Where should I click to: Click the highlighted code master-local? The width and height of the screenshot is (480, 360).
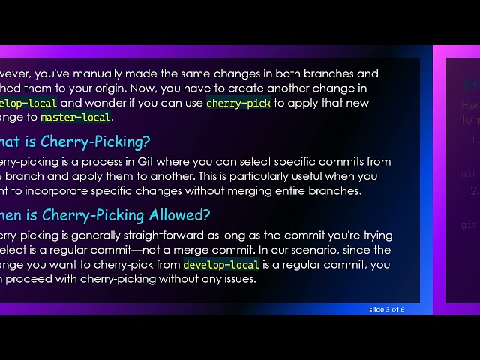click(x=76, y=118)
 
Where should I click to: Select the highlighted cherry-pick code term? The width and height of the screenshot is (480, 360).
click(x=238, y=103)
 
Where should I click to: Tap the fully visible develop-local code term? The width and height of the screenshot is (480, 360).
click(x=221, y=265)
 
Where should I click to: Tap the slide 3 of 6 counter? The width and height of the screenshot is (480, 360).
click(x=387, y=309)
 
